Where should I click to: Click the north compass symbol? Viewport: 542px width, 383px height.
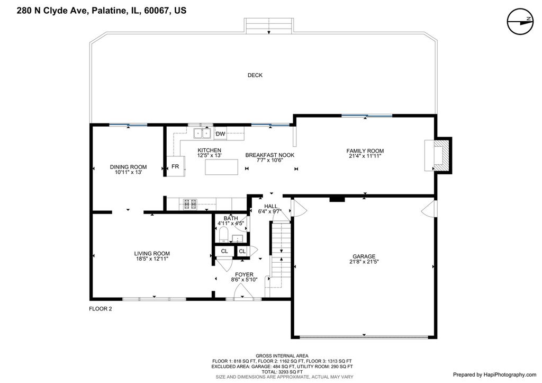point(520,21)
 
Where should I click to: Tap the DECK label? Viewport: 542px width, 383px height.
point(255,75)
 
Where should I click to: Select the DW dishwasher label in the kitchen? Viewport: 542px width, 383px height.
point(221,134)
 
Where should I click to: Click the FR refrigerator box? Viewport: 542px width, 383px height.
point(176,166)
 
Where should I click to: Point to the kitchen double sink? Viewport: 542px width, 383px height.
point(202,133)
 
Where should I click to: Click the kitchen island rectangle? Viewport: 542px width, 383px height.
point(222,167)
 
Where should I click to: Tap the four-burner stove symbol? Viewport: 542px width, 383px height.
point(190,204)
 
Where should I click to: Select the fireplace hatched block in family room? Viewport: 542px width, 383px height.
point(442,155)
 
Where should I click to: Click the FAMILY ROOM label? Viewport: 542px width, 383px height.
point(365,151)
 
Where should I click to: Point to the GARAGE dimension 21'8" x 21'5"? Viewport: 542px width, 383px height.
point(364,262)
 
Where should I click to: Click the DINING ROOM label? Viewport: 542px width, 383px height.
point(128,167)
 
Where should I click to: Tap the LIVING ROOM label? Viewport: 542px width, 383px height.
point(152,254)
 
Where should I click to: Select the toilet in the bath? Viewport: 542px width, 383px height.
point(223,235)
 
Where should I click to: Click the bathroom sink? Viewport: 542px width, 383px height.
point(238,238)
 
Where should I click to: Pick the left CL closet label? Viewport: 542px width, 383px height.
point(224,251)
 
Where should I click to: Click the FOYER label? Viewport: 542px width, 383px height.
point(244,275)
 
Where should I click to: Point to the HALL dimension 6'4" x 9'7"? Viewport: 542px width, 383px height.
point(270,211)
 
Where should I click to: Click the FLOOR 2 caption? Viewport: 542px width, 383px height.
point(101,309)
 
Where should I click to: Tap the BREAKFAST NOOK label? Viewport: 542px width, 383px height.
point(269,155)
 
